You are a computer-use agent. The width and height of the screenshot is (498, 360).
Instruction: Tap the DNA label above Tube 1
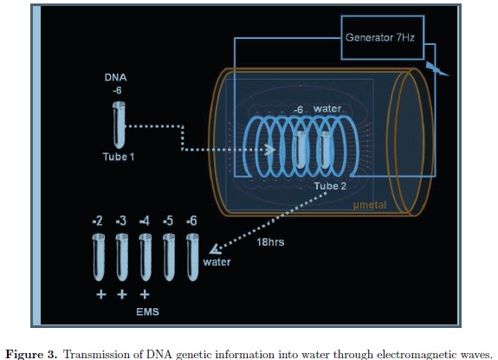pyautogui.click(x=115, y=78)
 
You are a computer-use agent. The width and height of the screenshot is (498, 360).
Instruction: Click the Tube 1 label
pyautogui.click(x=119, y=157)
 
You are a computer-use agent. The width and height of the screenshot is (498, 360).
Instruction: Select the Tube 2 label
pyautogui.click(x=330, y=186)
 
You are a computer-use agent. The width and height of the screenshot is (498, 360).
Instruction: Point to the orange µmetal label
pyautogui.click(x=370, y=205)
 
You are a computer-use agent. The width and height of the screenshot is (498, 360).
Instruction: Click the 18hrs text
pyautogui.click(x=270, y=242)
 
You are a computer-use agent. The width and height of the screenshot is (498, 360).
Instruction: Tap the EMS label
pyautogui.click(x=148, y=312)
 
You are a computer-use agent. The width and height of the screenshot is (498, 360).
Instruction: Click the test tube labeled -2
pyautogui.click(x=99, y=257)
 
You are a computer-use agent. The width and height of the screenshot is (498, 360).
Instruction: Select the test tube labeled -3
pyautogui.click(x=122, y=257)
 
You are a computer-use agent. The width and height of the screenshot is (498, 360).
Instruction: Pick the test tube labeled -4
pyautogui.click(x=146, y=257)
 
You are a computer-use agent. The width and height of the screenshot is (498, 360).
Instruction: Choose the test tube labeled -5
pyautogui.click(x=169, y=257)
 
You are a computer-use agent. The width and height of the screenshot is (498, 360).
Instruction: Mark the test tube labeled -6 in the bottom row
pyautogui.click(x=192, y=257)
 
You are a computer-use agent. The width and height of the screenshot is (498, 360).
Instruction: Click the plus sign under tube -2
pyautogui.click(x=101, y=294)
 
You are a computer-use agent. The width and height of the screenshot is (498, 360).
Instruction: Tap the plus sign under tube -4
pyautogui.click(x=145, y=294)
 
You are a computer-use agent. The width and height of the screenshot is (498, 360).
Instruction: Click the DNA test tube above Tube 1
pyautogui.click(x=120, y=125)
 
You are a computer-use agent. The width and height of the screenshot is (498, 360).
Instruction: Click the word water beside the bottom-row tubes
pyautogui.click(x=217, y=262)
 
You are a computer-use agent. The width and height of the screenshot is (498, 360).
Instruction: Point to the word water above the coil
pyautogui.click(x=327, y=108)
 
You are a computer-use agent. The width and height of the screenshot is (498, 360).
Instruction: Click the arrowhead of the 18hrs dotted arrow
pyautogui.click(x=215, y=249)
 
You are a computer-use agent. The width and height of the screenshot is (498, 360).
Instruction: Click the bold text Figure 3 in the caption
pyautogui.click(x=32, y=354)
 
